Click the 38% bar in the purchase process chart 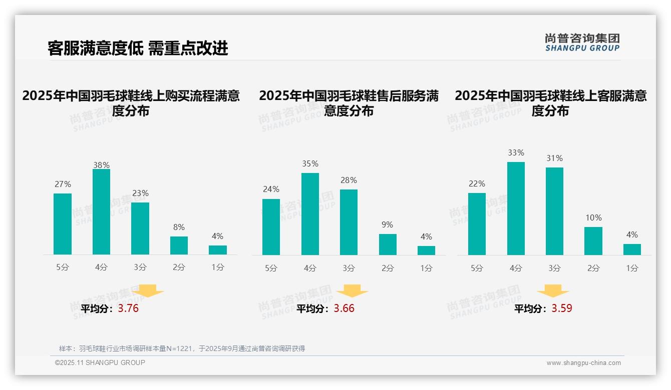click(x=101, y=212)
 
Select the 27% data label click(x=63, y=184)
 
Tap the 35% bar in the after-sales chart click(x=310, y=214)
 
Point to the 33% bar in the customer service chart click(x=516, y=208)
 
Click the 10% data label click(x=593, y=218)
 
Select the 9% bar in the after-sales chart click(x=388, y=244)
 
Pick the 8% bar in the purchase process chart click(x=179, y=245)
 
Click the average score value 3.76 click(x=128, y=308)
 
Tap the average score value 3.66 click(x=344, y=308)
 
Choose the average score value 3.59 click(x=562, y=308)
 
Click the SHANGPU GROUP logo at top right click(x=582, y=42)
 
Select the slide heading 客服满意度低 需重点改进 click(x=138, y=48)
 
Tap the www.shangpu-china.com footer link click(x=583, y=363)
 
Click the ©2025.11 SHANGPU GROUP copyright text click(x=100, y=362)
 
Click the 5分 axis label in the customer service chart click(x=477, y=268)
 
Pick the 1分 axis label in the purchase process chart click(x=218, y=267)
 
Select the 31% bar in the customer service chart click(x=554, y=211)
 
